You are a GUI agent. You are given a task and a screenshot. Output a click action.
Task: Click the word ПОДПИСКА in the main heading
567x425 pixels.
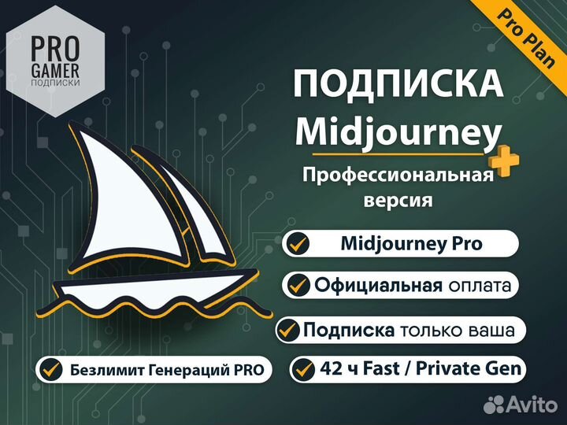click(398, 84)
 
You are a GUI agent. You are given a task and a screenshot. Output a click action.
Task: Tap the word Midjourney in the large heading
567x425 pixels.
click(398, 131)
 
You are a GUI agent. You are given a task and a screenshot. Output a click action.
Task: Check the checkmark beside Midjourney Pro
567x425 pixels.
click(298, 243)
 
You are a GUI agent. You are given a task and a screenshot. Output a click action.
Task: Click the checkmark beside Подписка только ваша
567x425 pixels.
click(289, 329)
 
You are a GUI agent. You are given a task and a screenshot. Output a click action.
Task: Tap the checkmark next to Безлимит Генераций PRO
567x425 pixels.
click(52, 368)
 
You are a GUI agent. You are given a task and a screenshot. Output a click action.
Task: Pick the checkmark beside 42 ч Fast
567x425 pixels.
click(303, 368)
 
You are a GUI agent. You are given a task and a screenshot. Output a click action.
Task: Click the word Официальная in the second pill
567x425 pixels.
click(377, 284)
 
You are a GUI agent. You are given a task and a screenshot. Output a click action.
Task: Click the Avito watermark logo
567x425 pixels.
click(520, 404)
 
